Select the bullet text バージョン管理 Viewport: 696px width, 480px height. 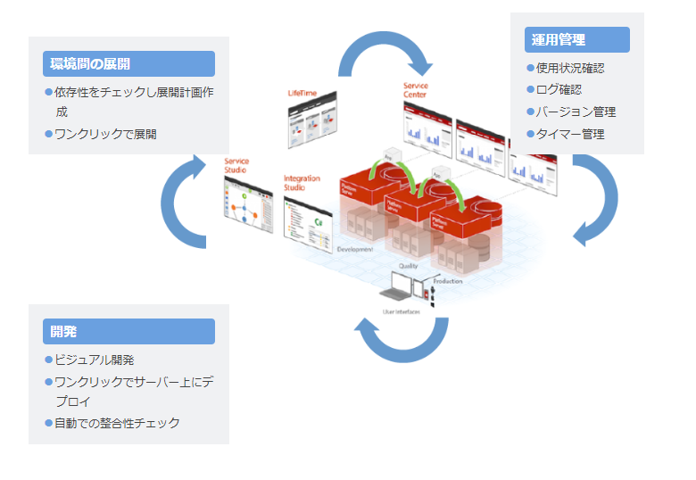pyautogui.click(x=576, y=112)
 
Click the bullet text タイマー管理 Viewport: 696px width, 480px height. pyautogui.click(x=570, y=134)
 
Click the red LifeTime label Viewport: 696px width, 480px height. pyautogui.click(x=302, y=94)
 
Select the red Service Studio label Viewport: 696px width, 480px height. pyautogui.click(x=236, y=165)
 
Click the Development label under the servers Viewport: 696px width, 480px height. pyautogui.click(x=355, y=250)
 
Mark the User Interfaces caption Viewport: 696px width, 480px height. pyautogui.click(x=401, y=311)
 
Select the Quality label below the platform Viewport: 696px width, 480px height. pyautogui.click(x=408, y=266)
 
